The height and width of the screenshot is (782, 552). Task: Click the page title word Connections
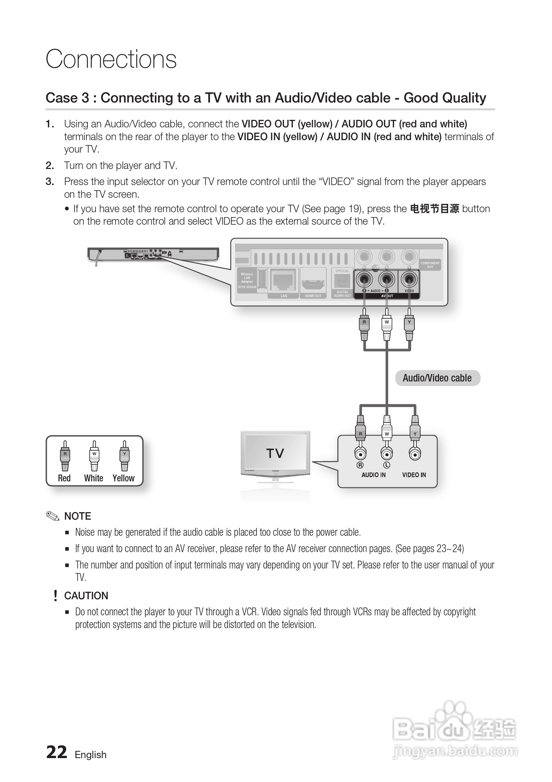tap(111, 59)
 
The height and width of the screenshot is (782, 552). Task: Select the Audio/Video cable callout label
tap(437, 378)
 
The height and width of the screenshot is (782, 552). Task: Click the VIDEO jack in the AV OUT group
tap(409, 280)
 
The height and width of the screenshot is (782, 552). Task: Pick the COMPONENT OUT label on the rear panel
tap(430, 265)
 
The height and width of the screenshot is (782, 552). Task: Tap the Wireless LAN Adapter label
tap(247, 278)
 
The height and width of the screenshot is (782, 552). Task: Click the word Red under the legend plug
tap(64, 478)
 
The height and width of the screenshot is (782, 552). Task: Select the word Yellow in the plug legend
tap(124, 478)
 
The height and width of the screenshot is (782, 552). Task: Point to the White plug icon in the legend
tap(94, 456)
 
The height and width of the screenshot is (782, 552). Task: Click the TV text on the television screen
tap(275, 453)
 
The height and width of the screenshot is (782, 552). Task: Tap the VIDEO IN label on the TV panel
tap(414, 475)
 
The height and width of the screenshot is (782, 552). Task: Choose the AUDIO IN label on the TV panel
tap(373, 475)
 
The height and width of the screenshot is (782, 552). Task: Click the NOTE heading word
tap(78, 516)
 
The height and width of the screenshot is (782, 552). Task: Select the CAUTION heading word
tap(86, 596)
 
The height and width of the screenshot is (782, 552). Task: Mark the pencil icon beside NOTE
tap(53, 516)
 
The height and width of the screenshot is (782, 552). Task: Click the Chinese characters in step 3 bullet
tap(434, 209)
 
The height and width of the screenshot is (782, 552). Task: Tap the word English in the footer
tap(91, 755)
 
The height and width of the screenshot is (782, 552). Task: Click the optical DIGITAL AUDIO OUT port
tap(342, 281)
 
